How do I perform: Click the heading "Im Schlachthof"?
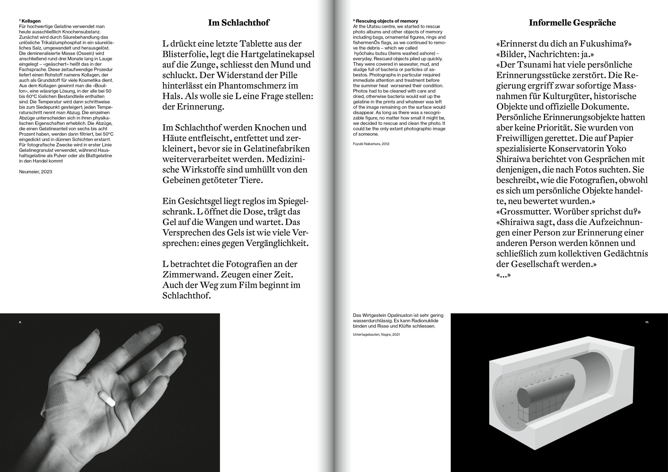click(238, 23)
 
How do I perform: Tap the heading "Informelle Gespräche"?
click(572, 23)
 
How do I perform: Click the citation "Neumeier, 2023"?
click(35, 172)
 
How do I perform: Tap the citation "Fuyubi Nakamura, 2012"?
click(371, 144)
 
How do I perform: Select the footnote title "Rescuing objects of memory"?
click(387, 21)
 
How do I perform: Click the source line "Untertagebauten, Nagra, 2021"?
click(376, 335)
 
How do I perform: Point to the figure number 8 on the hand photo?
click(20, 322)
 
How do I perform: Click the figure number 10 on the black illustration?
click(647, 322)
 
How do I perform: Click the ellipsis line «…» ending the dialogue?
click(503, 275)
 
